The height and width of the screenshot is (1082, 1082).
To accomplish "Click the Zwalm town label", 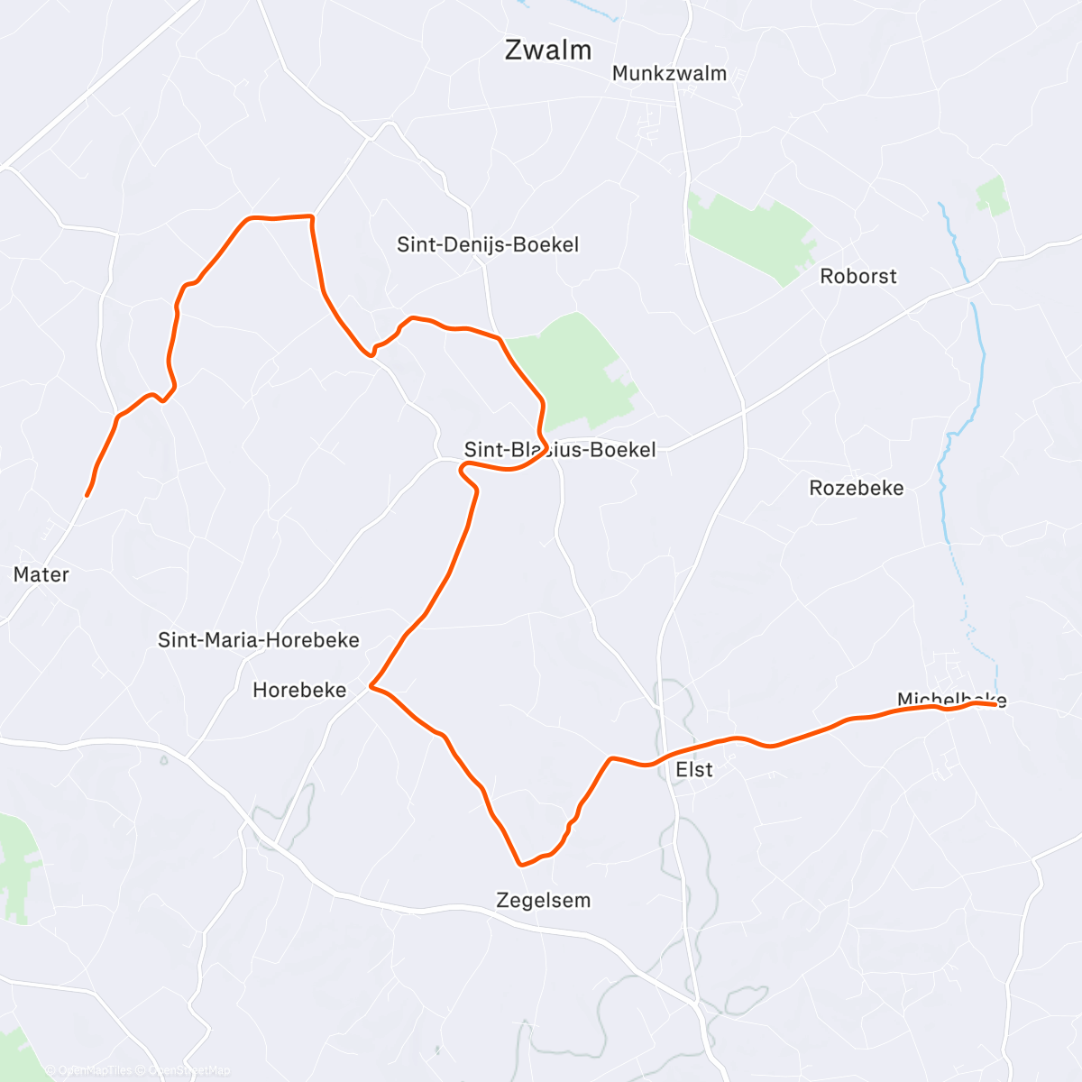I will (548, 50).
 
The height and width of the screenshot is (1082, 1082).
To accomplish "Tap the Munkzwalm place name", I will (669, 74).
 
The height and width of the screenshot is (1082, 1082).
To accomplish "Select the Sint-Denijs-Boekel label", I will (488, 244).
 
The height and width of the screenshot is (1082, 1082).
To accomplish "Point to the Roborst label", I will (858, 276).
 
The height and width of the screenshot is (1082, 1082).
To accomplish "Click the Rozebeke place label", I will (857, 488).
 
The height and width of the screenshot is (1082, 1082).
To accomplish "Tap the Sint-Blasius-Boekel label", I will (560, 449).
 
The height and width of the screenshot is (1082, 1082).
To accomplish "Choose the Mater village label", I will (41, 574).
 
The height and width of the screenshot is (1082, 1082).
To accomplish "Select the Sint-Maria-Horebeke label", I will (259, 640).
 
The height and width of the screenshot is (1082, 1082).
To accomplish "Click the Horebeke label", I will (299, 690).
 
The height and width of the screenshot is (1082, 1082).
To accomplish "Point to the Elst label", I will (694, 769).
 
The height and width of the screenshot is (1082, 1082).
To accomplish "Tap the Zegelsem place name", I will (544, 900).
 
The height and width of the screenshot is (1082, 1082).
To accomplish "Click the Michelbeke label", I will (951, 699).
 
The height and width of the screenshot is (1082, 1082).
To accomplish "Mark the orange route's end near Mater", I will (87, 495).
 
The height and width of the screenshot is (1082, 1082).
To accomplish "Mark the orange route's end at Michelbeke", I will (995, 704).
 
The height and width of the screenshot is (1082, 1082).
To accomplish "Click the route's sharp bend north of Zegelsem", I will (521, 864).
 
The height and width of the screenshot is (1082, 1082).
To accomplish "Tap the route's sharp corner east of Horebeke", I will (371, 688).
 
